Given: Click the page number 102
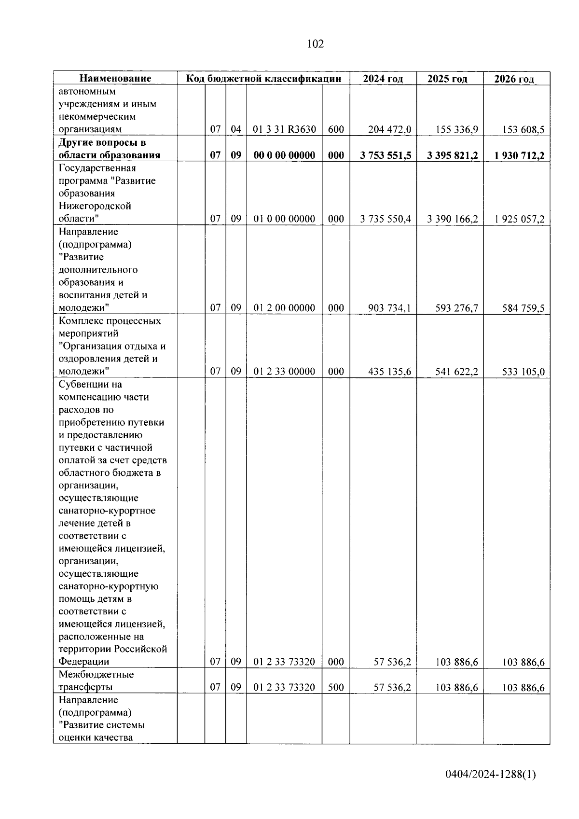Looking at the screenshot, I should (x=315, y=44).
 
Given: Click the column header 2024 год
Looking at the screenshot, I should (x=383, y=79).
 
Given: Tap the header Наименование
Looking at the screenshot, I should (x=115, y=79).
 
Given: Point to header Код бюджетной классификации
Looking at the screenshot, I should (x=263, y=79).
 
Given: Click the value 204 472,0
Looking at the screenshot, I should (x=389, y=129).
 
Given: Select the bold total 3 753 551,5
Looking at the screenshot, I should (x=385, y=155).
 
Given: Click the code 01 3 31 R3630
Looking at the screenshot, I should (x=284, y=129).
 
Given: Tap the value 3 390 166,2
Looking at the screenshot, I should (x=452, y=219).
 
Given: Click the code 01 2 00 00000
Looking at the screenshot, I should (x=284, y=308).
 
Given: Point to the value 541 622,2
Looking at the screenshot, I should (x=456, y=371).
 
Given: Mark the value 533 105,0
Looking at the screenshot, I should (x=523, y=371).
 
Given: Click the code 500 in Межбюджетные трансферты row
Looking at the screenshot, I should (x=336, y=687).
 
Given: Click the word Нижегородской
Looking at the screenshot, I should (x=95, y=206).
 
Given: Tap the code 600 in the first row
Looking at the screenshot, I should (x=336, y=129).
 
